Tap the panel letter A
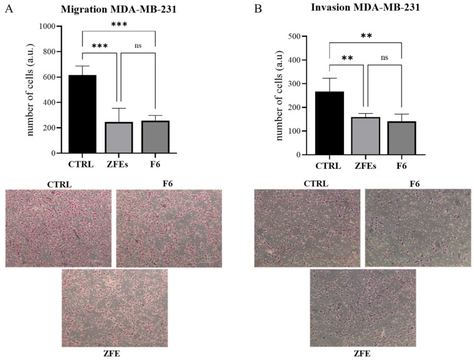pyautogui.click(x=8, y=9)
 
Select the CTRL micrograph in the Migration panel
pyautogui.click(x=58, y=228)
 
